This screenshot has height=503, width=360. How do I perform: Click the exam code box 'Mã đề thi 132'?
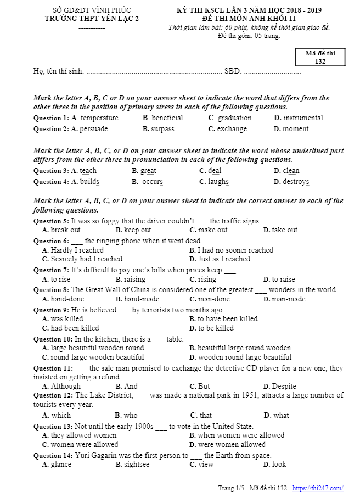[320, 57]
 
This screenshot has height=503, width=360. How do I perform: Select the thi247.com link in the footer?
[318, 488]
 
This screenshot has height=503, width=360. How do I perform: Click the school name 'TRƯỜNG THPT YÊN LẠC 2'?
[92, 19]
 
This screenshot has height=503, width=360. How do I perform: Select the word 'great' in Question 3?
[148, 171]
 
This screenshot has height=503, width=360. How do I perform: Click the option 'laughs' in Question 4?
[218, 182]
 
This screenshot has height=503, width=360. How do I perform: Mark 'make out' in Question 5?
[213, 230]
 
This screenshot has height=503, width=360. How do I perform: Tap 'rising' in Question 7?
[207, 280]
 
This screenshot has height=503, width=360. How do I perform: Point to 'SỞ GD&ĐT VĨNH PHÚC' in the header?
[91, 10]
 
